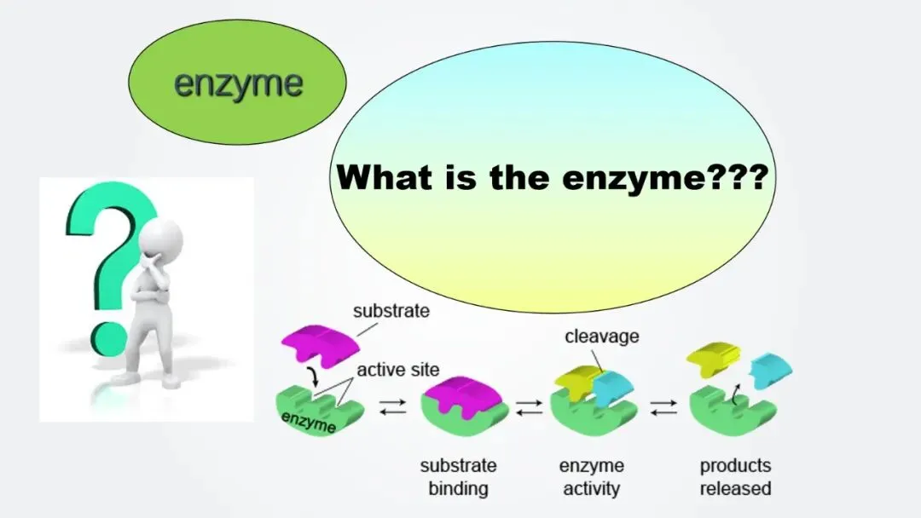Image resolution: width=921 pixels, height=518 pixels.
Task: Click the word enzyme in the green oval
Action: pos(238,84)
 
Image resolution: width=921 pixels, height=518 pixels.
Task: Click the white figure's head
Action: pos(165,238)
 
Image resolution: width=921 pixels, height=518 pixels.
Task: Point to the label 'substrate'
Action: pos(391,311)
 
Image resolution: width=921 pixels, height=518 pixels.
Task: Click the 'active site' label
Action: pos(398,370)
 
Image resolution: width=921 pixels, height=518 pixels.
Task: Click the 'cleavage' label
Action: pos(601,337)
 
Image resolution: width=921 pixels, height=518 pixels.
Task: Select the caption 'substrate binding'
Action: pos(458,477)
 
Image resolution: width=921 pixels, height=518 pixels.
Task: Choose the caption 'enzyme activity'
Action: pos(591,477)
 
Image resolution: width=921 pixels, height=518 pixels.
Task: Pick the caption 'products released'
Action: pos(735,477)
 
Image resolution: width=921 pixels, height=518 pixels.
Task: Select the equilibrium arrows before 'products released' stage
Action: pos(663,410)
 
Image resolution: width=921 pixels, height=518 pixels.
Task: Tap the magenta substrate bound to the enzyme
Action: pos(460,394)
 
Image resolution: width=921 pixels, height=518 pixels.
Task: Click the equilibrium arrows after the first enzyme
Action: pos(393,410)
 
